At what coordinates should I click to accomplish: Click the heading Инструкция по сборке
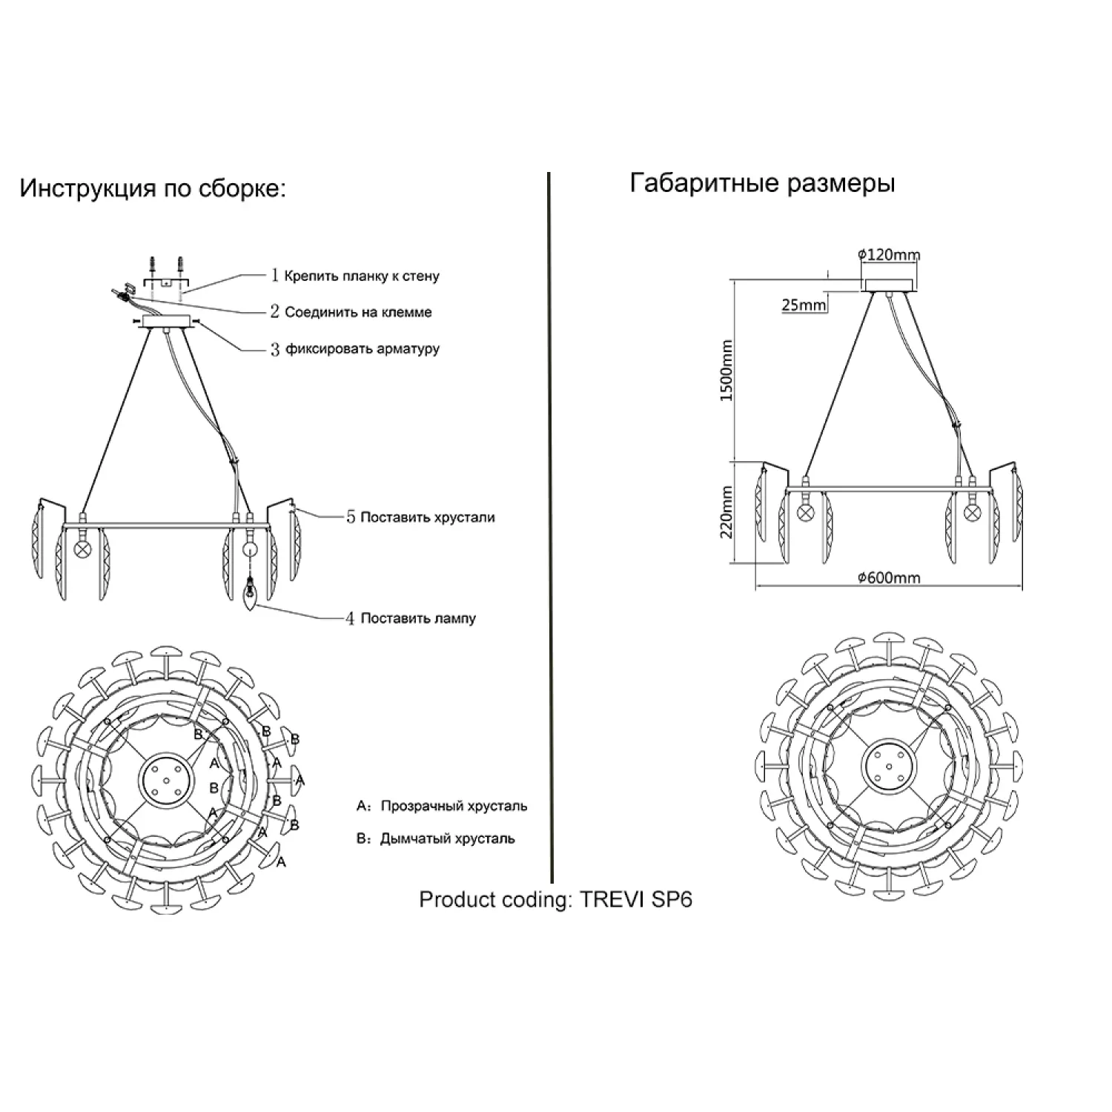coord(152,188)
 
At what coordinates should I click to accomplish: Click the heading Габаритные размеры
coord(762,182)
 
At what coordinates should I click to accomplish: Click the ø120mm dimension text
coord(889,255)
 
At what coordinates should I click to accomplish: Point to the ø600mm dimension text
coord(889,577)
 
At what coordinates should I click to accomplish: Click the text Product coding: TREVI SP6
coord(555,899)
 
